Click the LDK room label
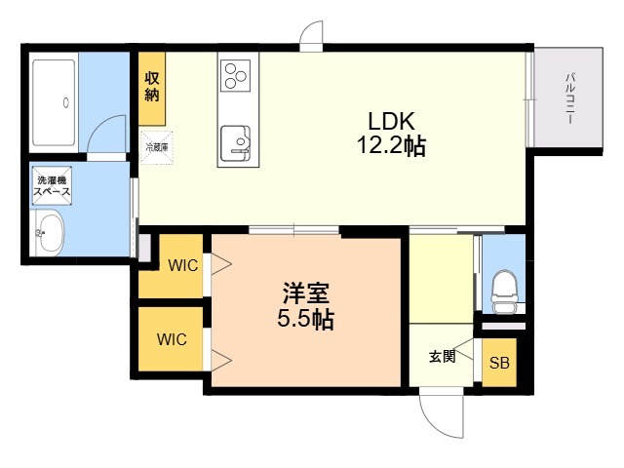(391, 121)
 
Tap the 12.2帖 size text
(392, 145)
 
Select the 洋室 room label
(305, 293)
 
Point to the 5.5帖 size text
(305, 319)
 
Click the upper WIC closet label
(183, 265)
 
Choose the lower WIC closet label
(172, 339)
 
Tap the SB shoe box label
(499, 363)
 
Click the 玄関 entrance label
(443, 356)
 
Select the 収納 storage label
(152, 87)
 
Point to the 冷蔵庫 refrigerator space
(156, 147)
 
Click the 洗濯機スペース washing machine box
(52, 185)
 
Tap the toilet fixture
(504, 292)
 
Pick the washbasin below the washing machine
(50, 233)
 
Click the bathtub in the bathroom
(54, 103)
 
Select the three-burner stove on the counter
(235, 76)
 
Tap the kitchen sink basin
(236, 143)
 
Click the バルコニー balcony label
(570, 98)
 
